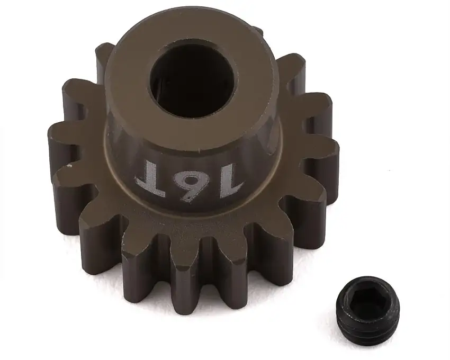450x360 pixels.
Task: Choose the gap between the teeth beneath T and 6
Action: tap(164, 249)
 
